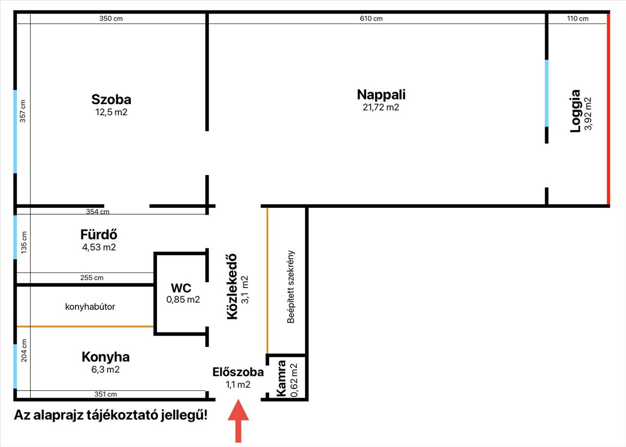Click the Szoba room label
[x=111, y=99]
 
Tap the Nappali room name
[x=381, y=95]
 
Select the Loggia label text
[x=575, y=111]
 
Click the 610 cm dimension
[x=371, y=19]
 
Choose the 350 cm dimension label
[x=111, y=19]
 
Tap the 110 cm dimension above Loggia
[x=577, y=19]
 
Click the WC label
[x=180, y=288]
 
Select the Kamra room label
[x=282, y=378]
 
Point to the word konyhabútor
[x=90, y=307]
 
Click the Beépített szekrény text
[x=291, y=287]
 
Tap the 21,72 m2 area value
[x=381, y=108]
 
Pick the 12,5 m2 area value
[x=111, y=112]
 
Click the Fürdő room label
[x=99, y=234]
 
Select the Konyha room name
[x=105, y=357]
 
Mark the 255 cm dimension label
[x=92, y=278]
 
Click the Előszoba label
[x=238, y=372]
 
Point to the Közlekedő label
[x=232, y=287]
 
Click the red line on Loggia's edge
[x=608, y=109]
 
